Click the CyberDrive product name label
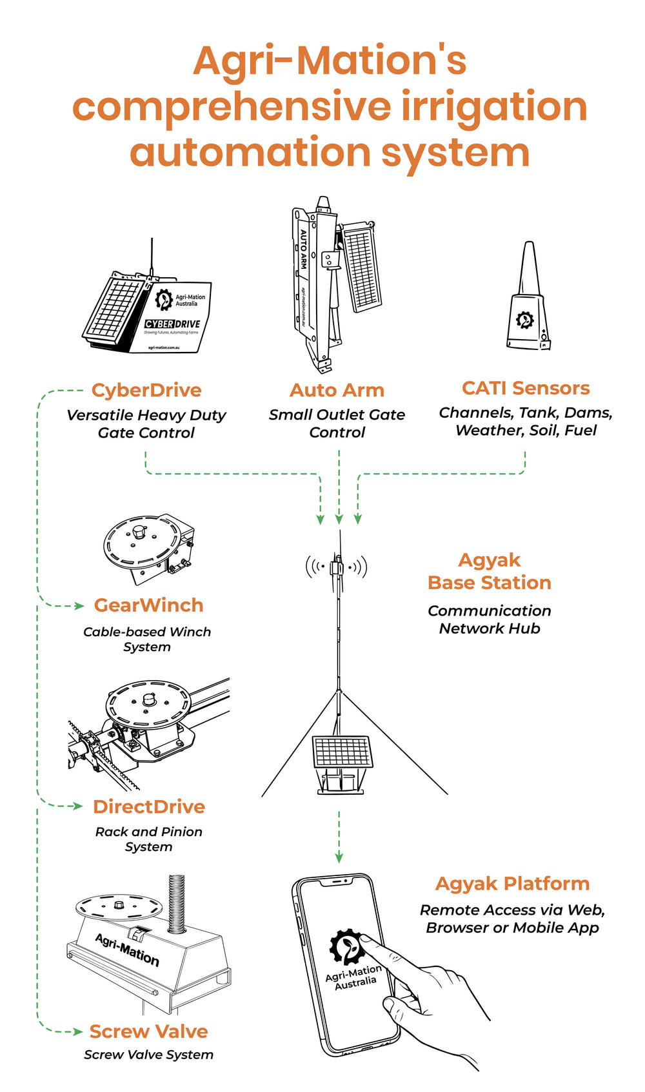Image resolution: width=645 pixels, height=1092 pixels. tap(146, 390)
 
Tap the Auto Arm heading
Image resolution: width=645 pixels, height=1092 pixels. tap(337, 390)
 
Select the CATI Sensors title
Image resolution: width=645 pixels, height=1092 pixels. tap(526, 388)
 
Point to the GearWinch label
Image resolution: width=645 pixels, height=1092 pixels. tap(148, 605)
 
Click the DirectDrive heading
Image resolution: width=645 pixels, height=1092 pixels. tap(149, 806)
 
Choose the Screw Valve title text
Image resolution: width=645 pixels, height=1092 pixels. tap(148, 1031)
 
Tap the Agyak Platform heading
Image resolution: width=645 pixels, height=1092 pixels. tap(512, 883)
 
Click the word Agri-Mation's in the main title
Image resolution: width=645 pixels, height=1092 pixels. tap(330, 61)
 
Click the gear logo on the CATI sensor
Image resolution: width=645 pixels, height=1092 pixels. tap(525, 320)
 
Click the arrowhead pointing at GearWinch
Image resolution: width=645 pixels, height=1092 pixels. tap(79, 606)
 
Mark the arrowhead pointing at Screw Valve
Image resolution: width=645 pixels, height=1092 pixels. tap(77, 1031)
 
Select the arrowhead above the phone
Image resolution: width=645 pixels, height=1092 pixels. tap(339, 857)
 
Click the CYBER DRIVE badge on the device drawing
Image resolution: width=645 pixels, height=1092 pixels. tap(173, 324)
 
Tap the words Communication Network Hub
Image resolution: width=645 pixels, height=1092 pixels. tap(490, 619)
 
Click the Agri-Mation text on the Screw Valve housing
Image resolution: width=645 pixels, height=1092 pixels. tap(127, 950)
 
